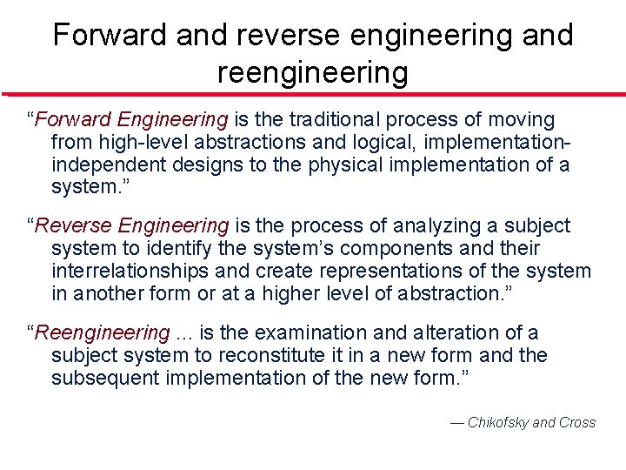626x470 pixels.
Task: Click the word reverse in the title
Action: tap(278, 35)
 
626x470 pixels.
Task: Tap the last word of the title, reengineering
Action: tap(312, 73)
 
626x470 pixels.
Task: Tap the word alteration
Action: tap(459, 332)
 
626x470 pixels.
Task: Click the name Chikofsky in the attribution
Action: tap(497, 423)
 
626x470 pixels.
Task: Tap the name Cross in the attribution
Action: tap(577, 423)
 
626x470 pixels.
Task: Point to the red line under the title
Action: tap(313, 94)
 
